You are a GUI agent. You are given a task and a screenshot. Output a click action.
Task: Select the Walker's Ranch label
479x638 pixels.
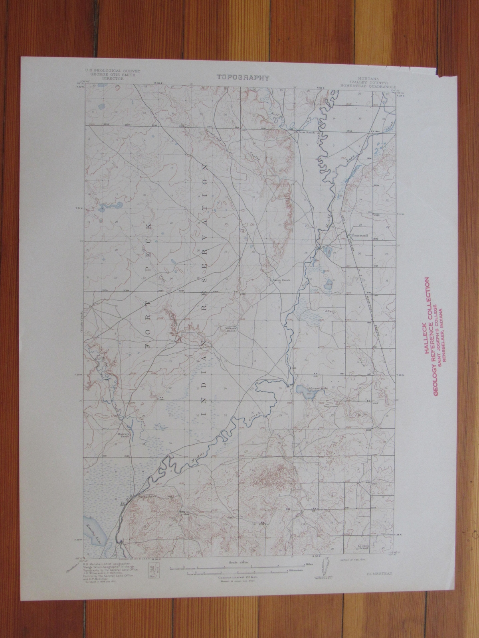pyautogui.click(x=232, y=329)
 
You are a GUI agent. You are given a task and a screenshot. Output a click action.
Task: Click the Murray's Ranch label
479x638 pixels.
pyautogui.click(x=124, y=435)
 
